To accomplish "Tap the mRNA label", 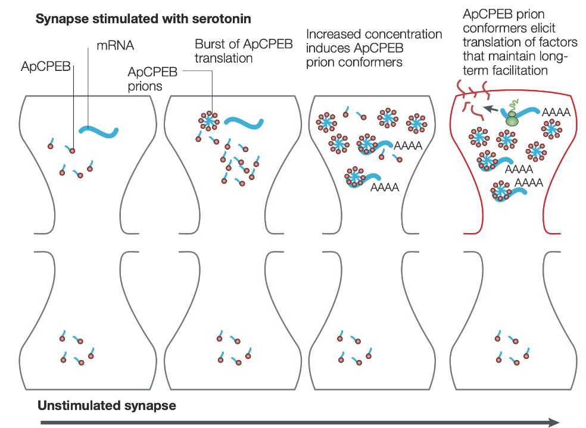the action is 115,46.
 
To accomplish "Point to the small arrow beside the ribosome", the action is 491,109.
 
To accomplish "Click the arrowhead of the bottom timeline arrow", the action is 554,423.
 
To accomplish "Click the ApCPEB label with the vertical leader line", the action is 46,66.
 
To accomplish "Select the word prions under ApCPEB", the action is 145,86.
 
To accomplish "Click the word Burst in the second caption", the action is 210,44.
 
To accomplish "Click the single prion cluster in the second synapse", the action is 209,120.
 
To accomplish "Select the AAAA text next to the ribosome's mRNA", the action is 556,112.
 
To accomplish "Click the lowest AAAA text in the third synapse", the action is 385,187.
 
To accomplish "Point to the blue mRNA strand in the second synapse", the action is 244,123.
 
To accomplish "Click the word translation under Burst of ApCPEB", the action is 223,58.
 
